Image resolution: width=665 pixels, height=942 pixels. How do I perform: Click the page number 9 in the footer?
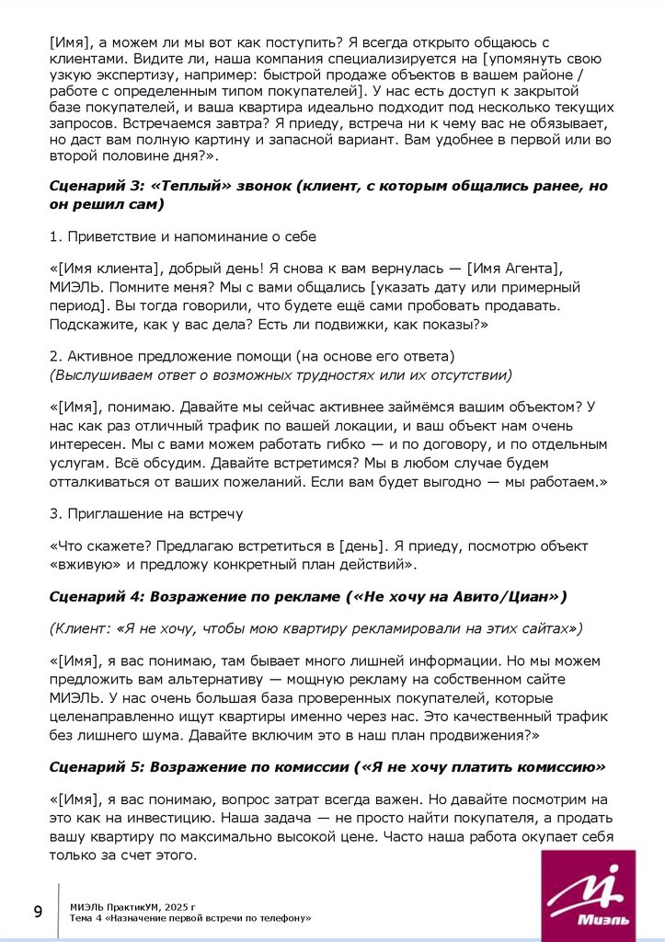pyautogui.click(x=38, y=912)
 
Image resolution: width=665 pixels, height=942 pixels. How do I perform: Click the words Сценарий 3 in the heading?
pyautogui.click(x=87, y=186)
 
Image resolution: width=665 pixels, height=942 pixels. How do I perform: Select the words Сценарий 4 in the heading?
pyautogui.click(x=87, y=597)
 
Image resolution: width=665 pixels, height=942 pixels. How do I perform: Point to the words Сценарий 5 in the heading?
pyautogui.click(x=87, y=765)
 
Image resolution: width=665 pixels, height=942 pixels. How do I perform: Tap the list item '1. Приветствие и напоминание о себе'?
pyautogui.click(x=183, y=236)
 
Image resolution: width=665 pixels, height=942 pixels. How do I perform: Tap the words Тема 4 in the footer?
pyautogui.click(x=86, y=918)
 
